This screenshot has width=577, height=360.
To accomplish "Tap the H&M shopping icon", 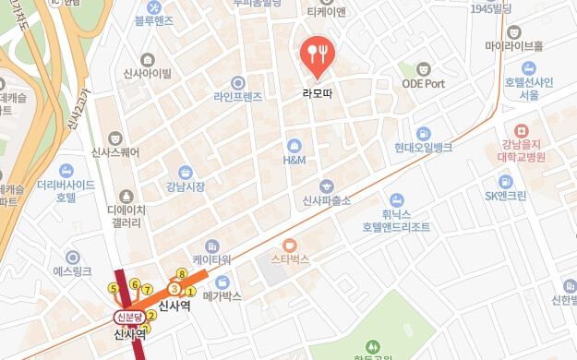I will point(295,145).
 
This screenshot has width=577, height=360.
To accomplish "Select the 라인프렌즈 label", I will point(238,96).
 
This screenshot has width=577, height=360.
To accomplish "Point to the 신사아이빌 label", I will point(147,74).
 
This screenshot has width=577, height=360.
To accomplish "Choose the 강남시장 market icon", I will point(186,173).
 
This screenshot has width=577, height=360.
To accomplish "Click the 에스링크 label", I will point(72,271).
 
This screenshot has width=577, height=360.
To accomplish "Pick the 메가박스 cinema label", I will point(222,296).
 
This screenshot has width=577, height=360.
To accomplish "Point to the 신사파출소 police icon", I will point(325,186).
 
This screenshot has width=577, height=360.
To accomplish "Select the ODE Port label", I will point(424,83).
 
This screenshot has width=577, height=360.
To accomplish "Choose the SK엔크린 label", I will point(506,196).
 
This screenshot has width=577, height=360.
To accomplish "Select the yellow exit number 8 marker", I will point(182,274).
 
